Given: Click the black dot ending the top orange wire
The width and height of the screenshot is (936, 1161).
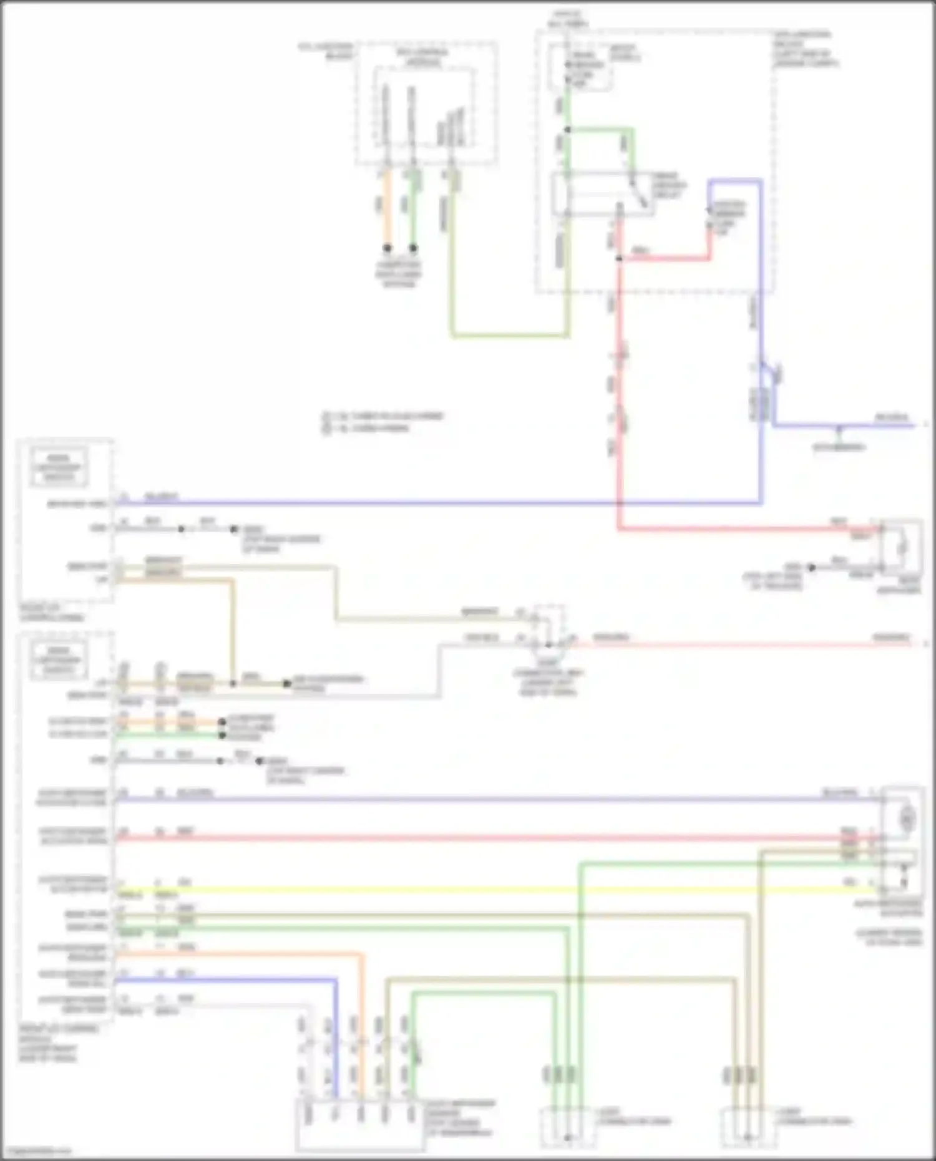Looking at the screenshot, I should click(387, 248).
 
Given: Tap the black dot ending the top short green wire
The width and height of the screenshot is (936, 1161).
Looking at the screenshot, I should click(413, 248).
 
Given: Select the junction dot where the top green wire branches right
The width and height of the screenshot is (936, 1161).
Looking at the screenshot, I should click(567, 130).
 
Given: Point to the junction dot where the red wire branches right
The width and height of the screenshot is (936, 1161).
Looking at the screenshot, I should click(619, 258).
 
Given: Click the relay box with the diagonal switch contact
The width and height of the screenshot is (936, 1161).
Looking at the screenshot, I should click(602, 194).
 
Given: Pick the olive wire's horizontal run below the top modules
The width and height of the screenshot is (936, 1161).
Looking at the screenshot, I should click(509, 336).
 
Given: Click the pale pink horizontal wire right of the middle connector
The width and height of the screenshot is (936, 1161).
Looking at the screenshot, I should click(736, 643).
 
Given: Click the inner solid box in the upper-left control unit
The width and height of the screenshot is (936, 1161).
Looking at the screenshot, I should click(59, 467).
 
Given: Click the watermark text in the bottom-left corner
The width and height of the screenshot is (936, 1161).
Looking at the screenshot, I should click(36, 1151).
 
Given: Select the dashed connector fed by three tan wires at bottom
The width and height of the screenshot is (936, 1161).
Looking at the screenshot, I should click(748, 1127).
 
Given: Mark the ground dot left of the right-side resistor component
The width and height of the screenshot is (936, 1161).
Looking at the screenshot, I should click(811, 567).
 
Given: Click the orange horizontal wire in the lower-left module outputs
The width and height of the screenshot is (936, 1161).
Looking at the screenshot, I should click(237, 953).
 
